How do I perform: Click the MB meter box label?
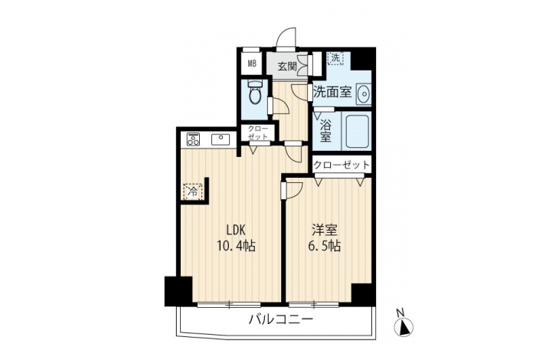pos(253,64)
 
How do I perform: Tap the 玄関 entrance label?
pos(287,67)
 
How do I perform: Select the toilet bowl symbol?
pos(254,93)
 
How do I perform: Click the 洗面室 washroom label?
pos(332,93)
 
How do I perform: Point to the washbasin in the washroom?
pos(364,93)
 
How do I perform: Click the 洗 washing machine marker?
pos(335,58)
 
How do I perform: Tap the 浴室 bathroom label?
pos(325,130)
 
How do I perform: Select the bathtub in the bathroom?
pos(356,131)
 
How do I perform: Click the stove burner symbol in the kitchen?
pos(193,139)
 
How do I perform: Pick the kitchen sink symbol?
pos(222,139)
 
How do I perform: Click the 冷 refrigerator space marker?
pos(193,191)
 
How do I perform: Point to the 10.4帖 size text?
pos(237,246)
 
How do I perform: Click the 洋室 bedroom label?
pos(325,231)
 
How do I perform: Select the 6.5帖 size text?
pos(325,246)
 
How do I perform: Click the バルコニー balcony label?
pos(281,319)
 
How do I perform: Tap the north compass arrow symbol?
pos(404,326)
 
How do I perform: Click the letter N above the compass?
pos(400,313)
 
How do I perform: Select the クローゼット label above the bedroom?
pos(342,165)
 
